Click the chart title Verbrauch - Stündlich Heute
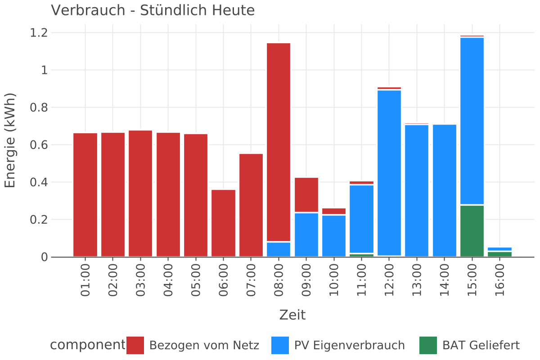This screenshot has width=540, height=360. click(153, 10)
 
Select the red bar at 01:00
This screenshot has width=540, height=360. click(85, 195)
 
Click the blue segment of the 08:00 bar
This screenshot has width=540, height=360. click(279, 249)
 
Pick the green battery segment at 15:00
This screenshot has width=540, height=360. click(472, 231)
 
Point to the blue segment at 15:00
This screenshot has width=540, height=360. click(472, 121)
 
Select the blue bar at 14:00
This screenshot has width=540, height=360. click(444, 190)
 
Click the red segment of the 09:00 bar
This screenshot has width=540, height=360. click(306, 194)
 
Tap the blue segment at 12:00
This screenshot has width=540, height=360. click(389, 173)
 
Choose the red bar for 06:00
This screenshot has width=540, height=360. click(224, 223)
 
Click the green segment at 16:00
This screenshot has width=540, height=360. click(499, 254)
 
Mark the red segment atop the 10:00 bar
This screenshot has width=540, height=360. click(334, 211)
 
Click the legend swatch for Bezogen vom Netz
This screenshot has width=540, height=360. click(135, 345)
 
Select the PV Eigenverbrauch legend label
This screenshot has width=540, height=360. click(349, 346)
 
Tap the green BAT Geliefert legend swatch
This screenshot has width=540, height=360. click(428, 345)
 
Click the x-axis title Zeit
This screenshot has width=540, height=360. click(292, 315)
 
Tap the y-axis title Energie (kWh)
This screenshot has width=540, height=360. click(10, 140)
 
